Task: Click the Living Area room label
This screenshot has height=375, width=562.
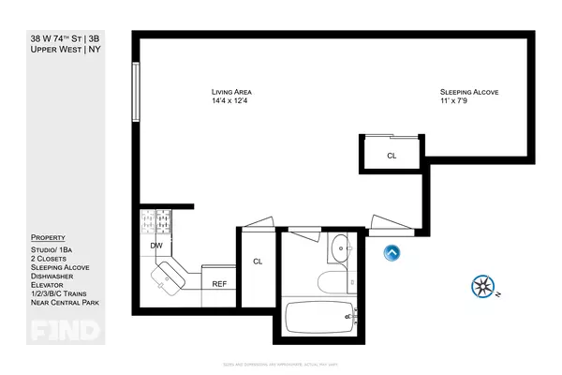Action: (231, 92)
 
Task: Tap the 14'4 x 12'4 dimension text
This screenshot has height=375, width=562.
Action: (231, 101)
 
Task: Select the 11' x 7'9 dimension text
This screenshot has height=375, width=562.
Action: (463, 101)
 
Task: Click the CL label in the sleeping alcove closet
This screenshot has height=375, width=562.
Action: (392, 156)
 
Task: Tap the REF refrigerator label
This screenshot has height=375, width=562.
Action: (218, 283)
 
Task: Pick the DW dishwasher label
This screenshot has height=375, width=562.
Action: (155, 246)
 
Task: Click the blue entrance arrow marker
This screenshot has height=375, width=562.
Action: (392, 251)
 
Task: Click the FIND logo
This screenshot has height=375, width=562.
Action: (54, 330)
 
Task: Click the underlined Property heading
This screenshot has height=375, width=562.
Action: (48, 237)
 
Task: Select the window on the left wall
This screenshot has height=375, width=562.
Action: (137, 90)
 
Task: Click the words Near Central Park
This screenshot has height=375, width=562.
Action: (65, 303)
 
